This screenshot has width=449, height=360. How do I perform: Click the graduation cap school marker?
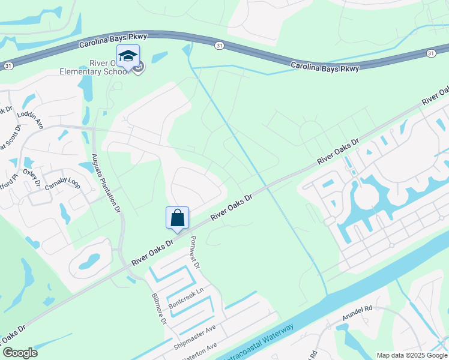point(128,56)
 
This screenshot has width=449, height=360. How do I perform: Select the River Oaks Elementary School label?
point(94,67)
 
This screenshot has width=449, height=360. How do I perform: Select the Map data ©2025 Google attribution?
point(411,355)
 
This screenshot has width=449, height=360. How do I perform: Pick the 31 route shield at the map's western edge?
point(8,64)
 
